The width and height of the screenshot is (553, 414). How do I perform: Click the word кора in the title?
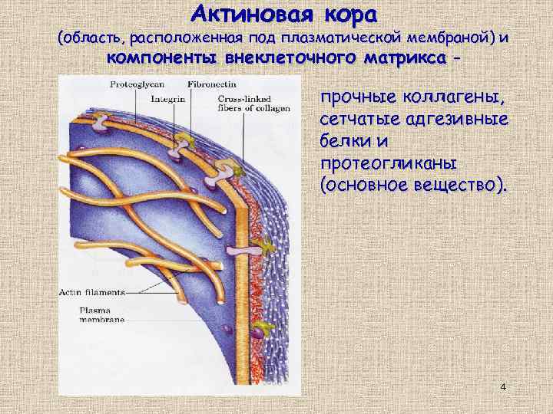[x=342, y=14]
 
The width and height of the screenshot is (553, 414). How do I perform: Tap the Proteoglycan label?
[x=134, y=82]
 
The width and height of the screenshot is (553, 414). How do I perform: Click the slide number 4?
[x=502, y=386]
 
